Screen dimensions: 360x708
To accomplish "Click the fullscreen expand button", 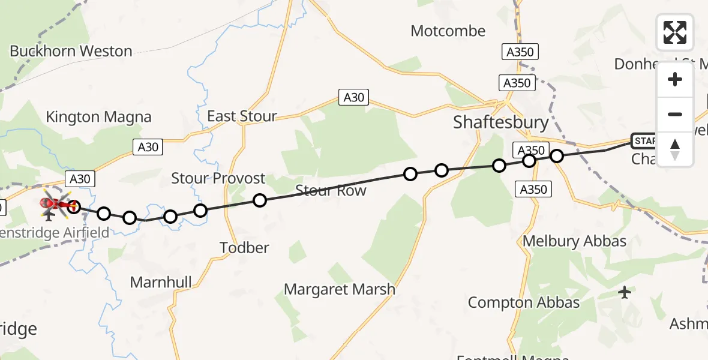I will click(x=675, y=32).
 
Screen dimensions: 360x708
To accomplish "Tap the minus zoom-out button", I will click(x=675, y=114).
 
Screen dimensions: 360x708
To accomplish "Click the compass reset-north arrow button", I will click(x=675, y=149).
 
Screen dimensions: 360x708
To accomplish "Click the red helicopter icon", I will click(x=54, y=204).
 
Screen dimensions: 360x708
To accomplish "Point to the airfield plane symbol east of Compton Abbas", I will click(x=625, y=293).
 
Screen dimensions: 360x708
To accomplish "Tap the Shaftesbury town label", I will click(x=501, y=122).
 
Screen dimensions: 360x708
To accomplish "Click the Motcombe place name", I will click(x=448, y=31).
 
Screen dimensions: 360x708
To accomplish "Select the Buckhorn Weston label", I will click(x=71, y=51).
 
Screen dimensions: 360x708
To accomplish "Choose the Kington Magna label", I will click(x=98, y=116).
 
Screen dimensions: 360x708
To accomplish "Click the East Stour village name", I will click(x=242, y=116).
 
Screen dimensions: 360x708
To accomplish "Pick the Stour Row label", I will click(x=330, y=191).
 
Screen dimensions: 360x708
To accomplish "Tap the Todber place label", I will click(x=244, y=247).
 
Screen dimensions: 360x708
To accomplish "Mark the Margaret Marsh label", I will click(x=340, y=289).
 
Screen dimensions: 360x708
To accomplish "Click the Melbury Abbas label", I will click(x=574, y=241).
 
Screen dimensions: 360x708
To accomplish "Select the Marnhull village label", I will click(x=161, y=282).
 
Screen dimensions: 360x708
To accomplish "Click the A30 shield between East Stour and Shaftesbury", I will click(x=353, y=97).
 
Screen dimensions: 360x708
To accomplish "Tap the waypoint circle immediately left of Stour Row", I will click(x=259, y=200).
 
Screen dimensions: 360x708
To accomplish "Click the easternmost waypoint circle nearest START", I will click(x=557, y=156).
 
